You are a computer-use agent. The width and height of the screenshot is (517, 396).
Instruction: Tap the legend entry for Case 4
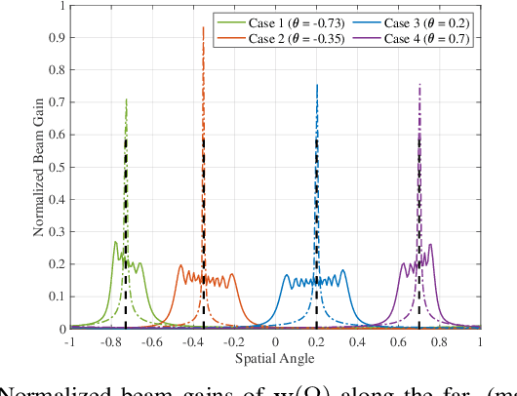409,39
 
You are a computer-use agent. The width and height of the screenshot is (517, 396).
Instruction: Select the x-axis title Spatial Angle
275,357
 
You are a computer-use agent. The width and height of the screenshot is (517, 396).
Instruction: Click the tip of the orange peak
203,27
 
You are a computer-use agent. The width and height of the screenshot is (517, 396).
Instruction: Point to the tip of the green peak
126,99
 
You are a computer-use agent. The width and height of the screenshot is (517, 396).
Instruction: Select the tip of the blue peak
317,85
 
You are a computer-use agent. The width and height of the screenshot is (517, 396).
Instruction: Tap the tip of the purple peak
419,84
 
